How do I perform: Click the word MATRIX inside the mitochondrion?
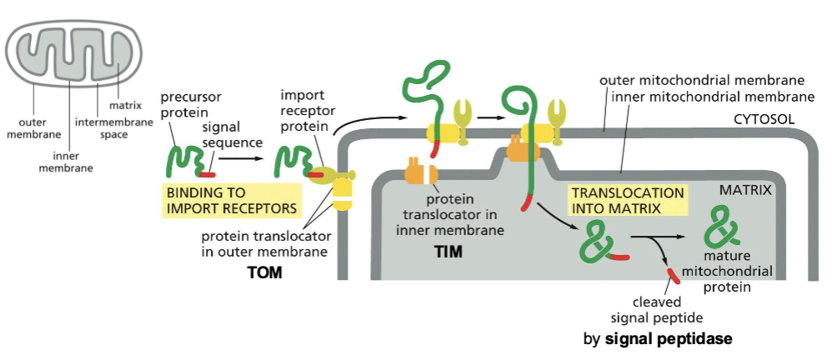[x=744, y=191]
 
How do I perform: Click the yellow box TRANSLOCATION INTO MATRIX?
[x=627, y=200]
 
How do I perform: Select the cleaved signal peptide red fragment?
[x=671, y=275]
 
